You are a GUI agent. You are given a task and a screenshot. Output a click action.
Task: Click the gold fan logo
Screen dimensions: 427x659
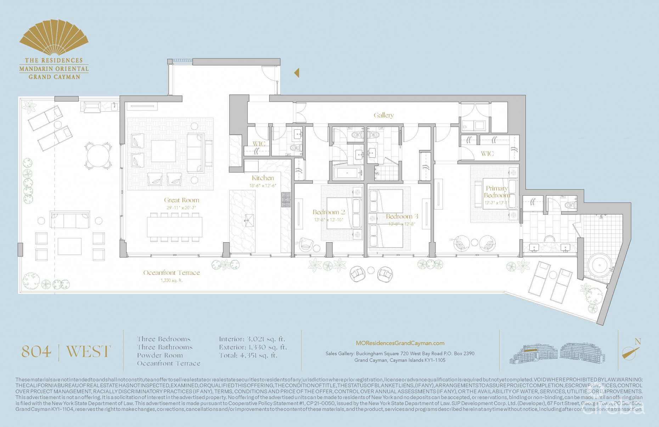coord(53,38)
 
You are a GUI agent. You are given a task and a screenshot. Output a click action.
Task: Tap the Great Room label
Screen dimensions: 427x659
coord(181,200)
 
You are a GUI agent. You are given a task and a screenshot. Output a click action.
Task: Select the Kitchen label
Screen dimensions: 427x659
coord(263,178)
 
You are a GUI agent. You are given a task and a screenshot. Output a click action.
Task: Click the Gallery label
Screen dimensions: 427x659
coord(383,115)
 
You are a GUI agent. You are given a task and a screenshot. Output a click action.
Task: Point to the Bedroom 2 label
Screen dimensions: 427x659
coord(328,212)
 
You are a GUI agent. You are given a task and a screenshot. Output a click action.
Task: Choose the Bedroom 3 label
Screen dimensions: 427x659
coord(402,216)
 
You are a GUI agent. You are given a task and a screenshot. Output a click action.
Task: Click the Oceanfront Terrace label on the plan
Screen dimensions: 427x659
coord(171,273)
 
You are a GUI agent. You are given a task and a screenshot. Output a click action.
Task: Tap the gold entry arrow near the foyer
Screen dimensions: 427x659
coord(297,73)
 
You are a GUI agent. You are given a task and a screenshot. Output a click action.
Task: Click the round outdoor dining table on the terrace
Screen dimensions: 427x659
coord(98,155)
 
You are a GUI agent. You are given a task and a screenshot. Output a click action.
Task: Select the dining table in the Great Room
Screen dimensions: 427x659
coord(175,227)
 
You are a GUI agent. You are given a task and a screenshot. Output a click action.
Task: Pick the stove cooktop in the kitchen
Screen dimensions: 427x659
coord(286,200)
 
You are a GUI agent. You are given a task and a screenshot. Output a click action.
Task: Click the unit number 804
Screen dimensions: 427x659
coord(36,351)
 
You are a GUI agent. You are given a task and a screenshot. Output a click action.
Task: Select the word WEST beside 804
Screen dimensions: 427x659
coord(89,351)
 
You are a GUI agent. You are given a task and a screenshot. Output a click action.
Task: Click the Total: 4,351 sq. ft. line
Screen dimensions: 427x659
coord(248,355)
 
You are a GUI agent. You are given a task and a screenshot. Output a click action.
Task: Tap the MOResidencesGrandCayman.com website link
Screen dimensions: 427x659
coord(400,343)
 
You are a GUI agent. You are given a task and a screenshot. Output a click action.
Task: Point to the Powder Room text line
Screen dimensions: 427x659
coord(160,355)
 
